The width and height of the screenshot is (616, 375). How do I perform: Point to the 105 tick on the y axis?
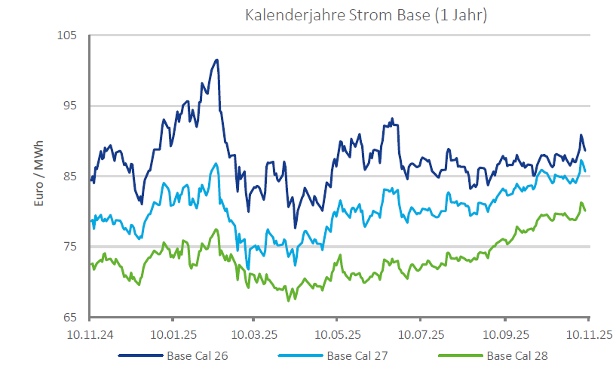pyautogui.click(x=68, y=35)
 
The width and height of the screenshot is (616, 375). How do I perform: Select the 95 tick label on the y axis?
pyautogui.click(x=71, y=106)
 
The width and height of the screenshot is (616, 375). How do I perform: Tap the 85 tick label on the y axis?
pyautogui.click(x=71, y=177)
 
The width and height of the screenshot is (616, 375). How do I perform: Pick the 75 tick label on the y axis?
pyautogui.click(x=71, y=247)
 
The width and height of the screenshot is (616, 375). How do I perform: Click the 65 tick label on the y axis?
pyautogui.click(x=71, y=317)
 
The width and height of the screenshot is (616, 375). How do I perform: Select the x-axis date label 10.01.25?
pyautogui.click(x=173, y=333)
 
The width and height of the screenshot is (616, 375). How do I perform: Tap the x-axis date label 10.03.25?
pyautogui.click(x=254, y=333)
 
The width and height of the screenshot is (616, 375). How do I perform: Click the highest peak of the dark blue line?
pyautogui.click(x=216, y=60)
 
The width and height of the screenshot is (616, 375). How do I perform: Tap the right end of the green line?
pyautogui.click(x=585, y=211)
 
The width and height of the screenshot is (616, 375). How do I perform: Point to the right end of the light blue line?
pyautogui.click(x=585, y=170)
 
